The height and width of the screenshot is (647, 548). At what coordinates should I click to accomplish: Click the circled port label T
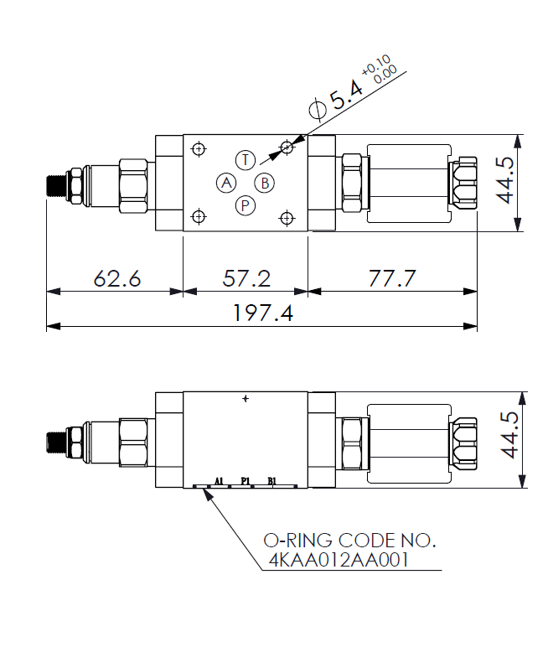click(x=246, y=159)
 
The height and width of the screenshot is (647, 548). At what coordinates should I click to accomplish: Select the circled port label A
click(x=226, y=183)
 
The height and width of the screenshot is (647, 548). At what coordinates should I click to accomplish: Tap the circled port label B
click(x=265, y=183)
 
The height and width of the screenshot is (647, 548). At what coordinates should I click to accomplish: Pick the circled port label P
click(x=246, y=205)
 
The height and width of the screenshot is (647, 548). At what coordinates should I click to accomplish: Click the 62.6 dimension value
click(x=117, y=278)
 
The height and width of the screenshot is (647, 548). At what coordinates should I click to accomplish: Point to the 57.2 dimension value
click(x=246, y=278)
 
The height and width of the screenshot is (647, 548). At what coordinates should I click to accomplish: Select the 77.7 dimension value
click(x=392, y=278)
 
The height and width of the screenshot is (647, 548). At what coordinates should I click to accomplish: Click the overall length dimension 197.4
click(x=263, y=313)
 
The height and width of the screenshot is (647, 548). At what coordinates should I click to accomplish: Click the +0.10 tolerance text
click(x=376, y=65)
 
